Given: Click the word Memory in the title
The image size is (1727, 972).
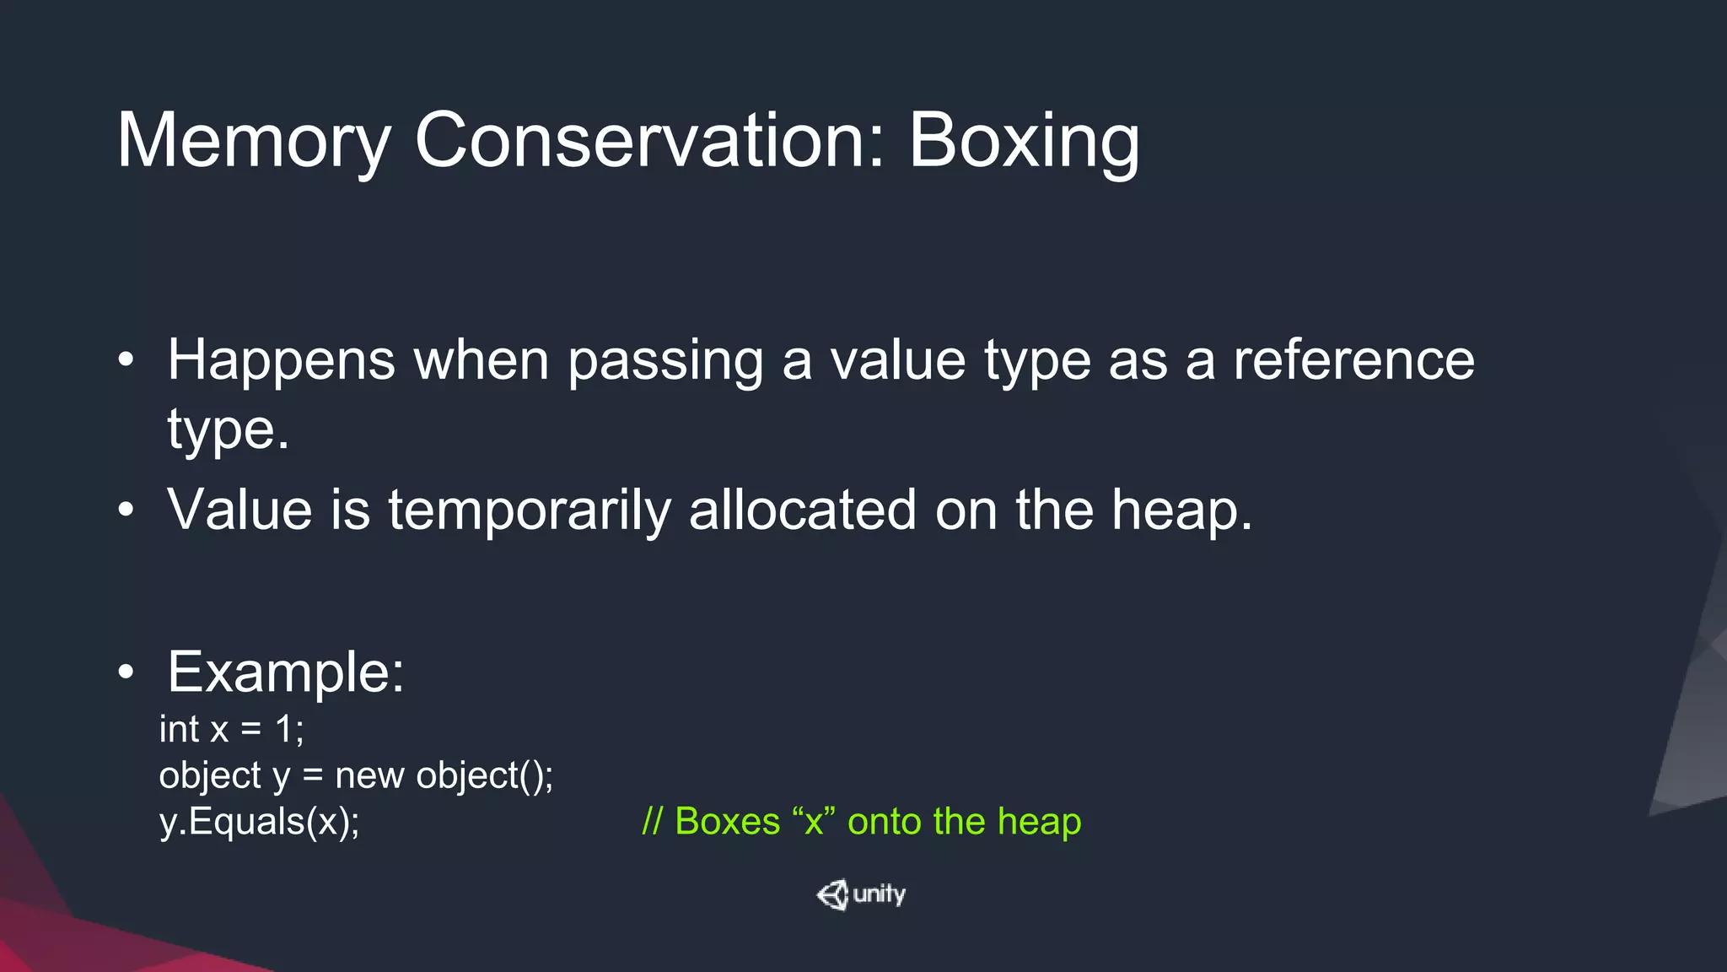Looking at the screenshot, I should (x=254, y=141).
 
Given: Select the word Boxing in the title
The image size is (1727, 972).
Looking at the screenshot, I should (x=1024, y=141).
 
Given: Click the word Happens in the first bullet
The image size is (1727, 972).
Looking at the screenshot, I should (x=281, y=361).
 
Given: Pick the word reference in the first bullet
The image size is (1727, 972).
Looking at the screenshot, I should (x=1353, y=360).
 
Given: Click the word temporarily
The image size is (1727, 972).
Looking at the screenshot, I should (x=529, y=511).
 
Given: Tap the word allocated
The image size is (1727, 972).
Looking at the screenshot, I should (x=802, y=510).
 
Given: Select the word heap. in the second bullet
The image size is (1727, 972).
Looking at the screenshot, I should (x=1181, y=511).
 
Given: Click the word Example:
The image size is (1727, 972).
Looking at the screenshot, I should (x=286, y=672).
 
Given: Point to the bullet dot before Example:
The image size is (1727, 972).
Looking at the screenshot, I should (x=126, y=672).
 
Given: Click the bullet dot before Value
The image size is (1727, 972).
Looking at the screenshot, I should (x=126, y=510).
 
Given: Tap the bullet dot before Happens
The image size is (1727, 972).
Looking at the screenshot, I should (x=126, y=360).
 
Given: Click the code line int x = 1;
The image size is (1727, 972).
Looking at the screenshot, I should (x=231, y=729).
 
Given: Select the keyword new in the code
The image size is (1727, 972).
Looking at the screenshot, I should (x=369, y=775).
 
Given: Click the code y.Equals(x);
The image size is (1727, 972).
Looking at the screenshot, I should (x=259, y=821).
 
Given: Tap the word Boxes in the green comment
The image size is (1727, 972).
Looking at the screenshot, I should (x=727, y=821).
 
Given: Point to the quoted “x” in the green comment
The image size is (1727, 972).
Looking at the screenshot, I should (x=813, y=821).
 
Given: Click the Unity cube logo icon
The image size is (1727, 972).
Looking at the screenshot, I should (x=832, y=894).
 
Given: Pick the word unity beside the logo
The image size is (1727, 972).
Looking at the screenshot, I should (x=880, y=894).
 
